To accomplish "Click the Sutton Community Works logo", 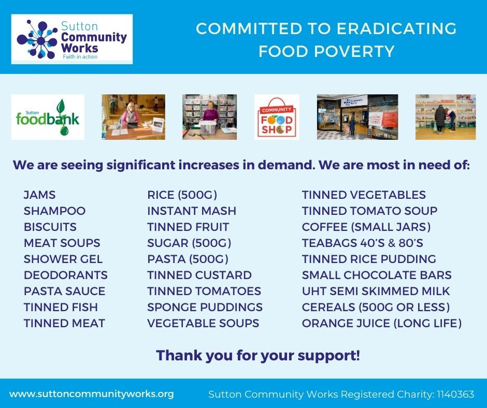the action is [71, 39].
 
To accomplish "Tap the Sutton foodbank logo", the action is [48, 117].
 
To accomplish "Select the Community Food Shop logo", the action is [277, 117].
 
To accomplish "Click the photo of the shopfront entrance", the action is [357, 117].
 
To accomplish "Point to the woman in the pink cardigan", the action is [131, 115].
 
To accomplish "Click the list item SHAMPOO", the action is [55, 211].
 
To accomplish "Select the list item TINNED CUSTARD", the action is [199, 275].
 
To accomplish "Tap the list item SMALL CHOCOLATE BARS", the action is [377, 275].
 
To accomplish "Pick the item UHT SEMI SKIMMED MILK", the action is [376, 292].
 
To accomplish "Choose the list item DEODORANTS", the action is [66, 275].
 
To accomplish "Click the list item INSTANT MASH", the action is [192, 211].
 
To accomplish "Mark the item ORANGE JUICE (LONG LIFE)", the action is [382, 323].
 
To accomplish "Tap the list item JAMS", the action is [40, 195].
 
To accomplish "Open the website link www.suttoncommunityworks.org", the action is [92, 394].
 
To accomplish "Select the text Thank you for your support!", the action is [258, 356].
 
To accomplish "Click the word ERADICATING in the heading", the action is [397, 28].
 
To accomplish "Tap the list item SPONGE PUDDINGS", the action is [205, 307].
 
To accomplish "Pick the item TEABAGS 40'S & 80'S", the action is [363, 243].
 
